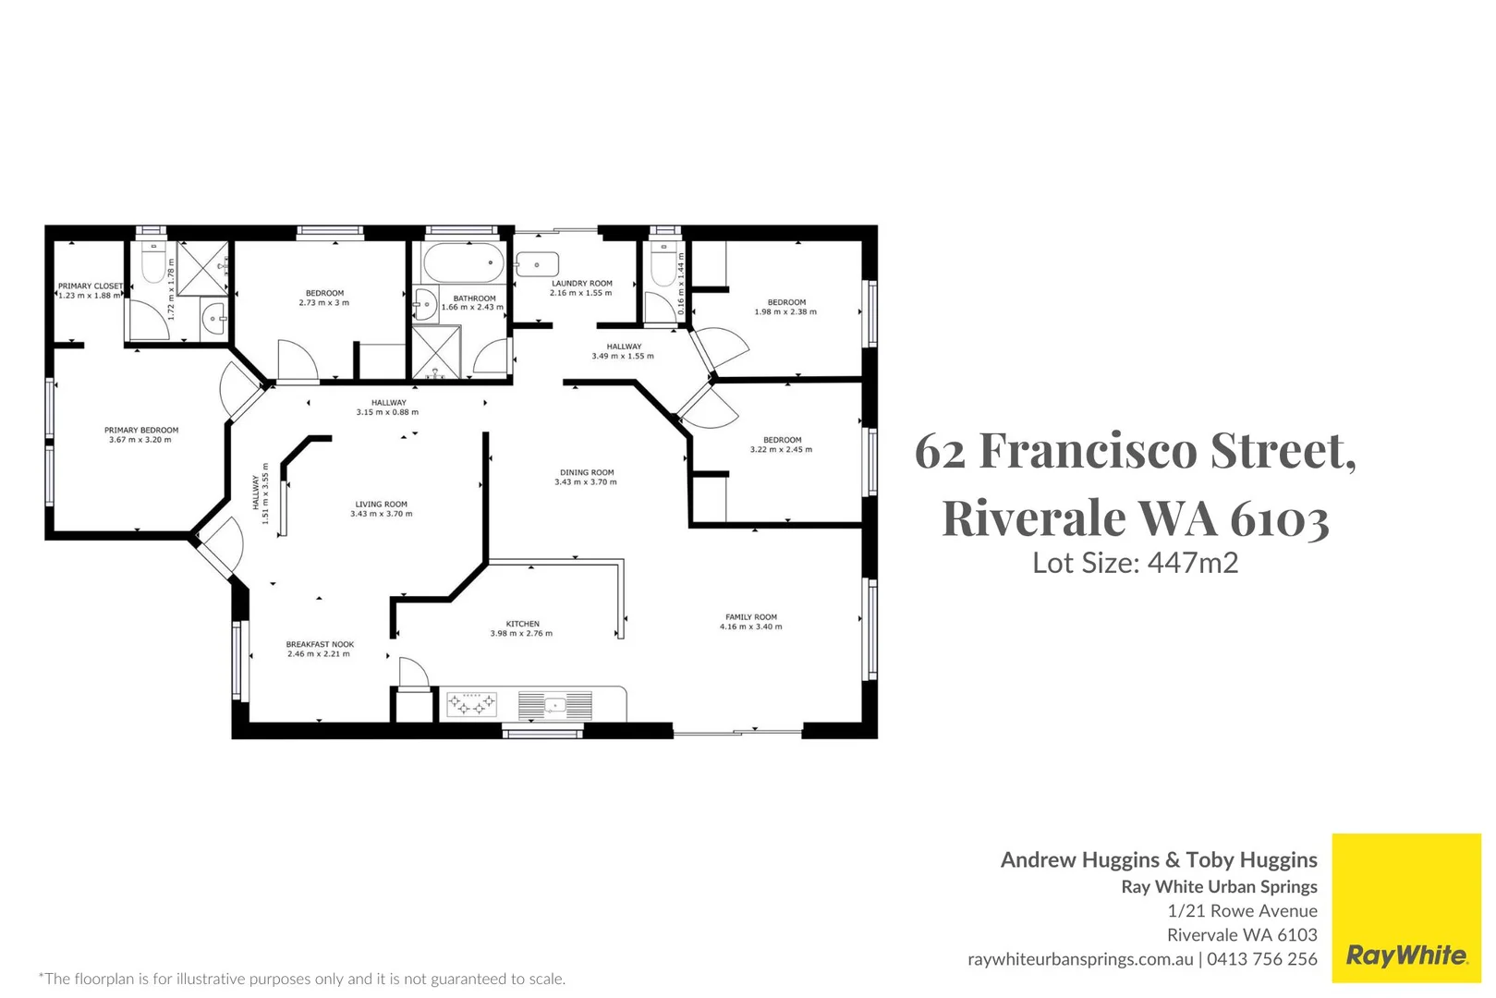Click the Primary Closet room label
pos(91,286)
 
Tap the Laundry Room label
pos(582,284)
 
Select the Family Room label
pos(751,617)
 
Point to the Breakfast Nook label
pos(320,644)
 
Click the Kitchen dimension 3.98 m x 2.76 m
pos(521,634)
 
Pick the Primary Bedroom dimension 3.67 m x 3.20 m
pos(140,440)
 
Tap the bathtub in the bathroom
pos(463,263)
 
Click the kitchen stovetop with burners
pos(471,705)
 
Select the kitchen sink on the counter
pos(554,706)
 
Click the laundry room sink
pos(537,264)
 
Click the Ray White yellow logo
pos(1406,908)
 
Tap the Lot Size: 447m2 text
pos(1136,563)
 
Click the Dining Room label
pos(587,472)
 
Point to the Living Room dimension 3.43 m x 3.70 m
pos(382,514)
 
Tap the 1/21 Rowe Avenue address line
pos(1242,910)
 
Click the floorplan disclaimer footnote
pos(302,979)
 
